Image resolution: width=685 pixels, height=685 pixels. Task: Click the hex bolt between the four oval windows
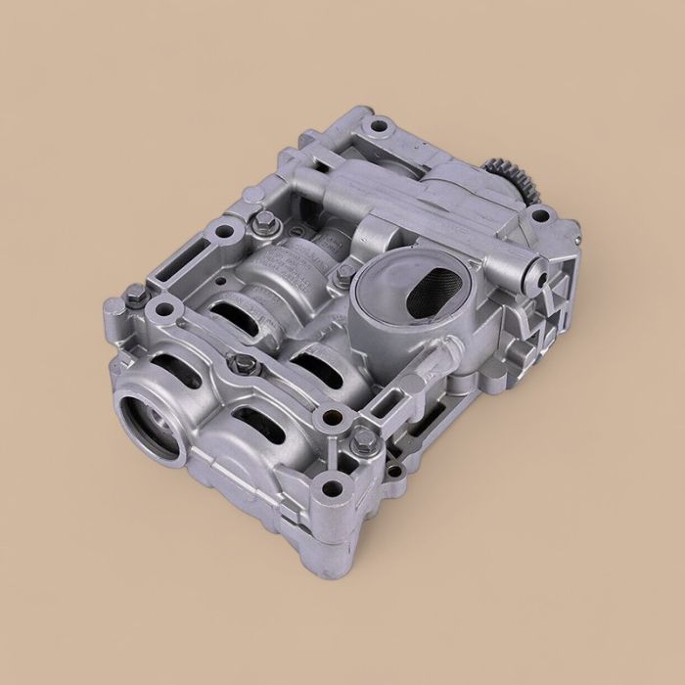click(247, 365)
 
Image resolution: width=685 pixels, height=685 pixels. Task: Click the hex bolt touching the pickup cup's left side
click(344, 275)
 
